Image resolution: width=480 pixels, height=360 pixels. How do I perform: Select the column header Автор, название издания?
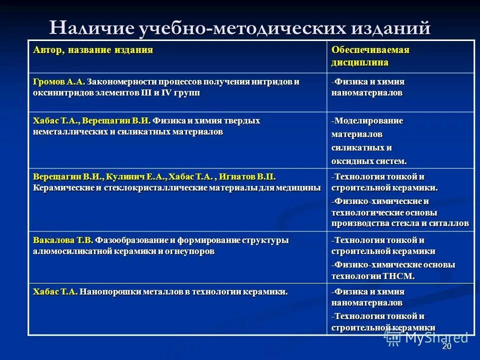click(x=93, y=50)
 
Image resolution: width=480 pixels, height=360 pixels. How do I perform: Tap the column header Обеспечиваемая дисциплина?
click(x=370, y=56)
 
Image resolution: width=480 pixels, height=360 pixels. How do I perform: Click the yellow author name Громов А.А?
click(x=59, y=81)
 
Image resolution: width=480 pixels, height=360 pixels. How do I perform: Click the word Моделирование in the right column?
click(x=368, y=121)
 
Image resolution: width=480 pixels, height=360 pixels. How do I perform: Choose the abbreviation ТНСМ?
click(x=398, y=275)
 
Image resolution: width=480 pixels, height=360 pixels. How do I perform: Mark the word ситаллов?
click(x=449, y=223)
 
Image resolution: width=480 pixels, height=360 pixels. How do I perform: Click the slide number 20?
click(x=446, y=347)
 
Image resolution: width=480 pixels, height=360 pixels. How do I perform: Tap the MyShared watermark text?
click(x=437, y=337)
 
